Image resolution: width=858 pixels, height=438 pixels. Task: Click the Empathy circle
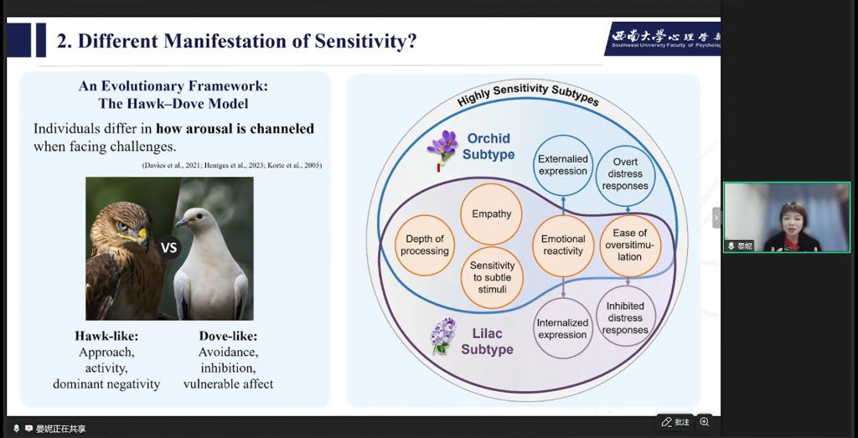click(x=491, y=214)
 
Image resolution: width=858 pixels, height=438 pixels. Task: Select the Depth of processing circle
click(x=425, y=245)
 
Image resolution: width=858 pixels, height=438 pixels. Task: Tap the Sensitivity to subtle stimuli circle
click(x=492, y=277)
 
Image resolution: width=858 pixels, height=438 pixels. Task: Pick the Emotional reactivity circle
click(x=563, y=245)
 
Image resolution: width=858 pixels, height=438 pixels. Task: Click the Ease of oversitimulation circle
click(x=630, y=245)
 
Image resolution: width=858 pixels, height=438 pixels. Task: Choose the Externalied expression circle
click(x=563, y=165)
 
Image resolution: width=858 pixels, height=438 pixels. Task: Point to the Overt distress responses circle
click(x=625, y=173)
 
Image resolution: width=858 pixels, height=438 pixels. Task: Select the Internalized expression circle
click(x=563, y=328)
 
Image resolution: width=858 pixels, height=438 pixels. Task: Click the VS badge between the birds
click(x=169, y=247)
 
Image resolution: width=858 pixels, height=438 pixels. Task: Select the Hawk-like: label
click(x=106, y=336)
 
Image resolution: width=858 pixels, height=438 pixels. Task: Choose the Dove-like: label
click(x=228, y=336)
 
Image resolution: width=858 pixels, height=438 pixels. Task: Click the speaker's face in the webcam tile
click(x=791, y=218)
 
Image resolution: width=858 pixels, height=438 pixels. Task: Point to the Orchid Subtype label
click(x=488, y=147)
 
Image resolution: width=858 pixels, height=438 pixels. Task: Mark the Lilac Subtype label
click(x=487, y=341)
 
